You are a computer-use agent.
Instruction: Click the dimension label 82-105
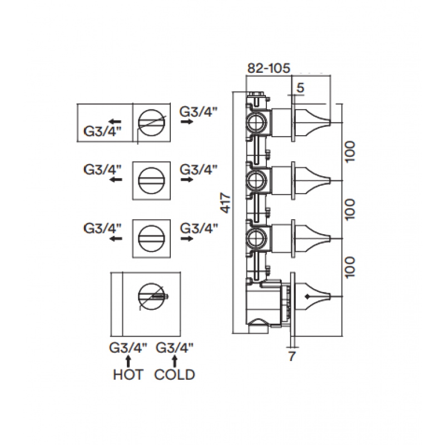(x=269, y=68)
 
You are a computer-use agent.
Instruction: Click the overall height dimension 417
(x=226, y=203)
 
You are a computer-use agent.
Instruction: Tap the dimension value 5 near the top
(x=300, y=88)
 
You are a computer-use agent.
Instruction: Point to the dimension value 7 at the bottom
(x=292, y=356)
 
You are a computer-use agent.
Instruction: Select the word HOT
(x=128, y=375)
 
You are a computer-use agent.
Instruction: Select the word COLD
(x=175, y=375)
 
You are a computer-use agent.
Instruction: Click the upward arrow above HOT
(x=128, y=362)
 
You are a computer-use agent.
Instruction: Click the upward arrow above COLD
(x=175, y=362)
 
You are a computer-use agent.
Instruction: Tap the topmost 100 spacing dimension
(x=350, y=151)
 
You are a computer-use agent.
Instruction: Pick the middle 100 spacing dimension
(x=350, y=209)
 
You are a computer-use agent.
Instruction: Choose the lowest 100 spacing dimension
(x=350, y=267)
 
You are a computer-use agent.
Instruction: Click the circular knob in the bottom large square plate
(x=151, y=296)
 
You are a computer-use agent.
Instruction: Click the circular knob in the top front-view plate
(x=151, y=122)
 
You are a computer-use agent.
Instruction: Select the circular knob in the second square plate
(x=151, y=180)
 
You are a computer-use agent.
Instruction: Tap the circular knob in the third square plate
(x=151, y=239)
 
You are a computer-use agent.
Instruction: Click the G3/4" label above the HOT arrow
(x=128, y=348)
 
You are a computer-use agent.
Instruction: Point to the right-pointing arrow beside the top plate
(x=186, y=122)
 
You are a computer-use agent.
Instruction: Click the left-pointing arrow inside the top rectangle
(x=116, y=122)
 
